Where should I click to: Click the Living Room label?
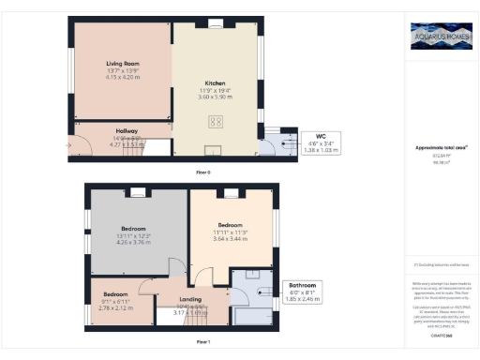[x=122, y=63]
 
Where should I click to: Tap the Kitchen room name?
[x=217, y=82]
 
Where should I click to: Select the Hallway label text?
[x=127, y=130]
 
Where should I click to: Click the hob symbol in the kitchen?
[x=215, y=119]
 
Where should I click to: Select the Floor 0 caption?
[x=202, y=173]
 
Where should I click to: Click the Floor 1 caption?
[x=202, y=343]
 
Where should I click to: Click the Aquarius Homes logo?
[x=441, y=38]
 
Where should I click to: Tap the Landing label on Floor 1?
[x=191, y=300]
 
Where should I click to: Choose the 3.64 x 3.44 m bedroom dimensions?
[x=231, y=239]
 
